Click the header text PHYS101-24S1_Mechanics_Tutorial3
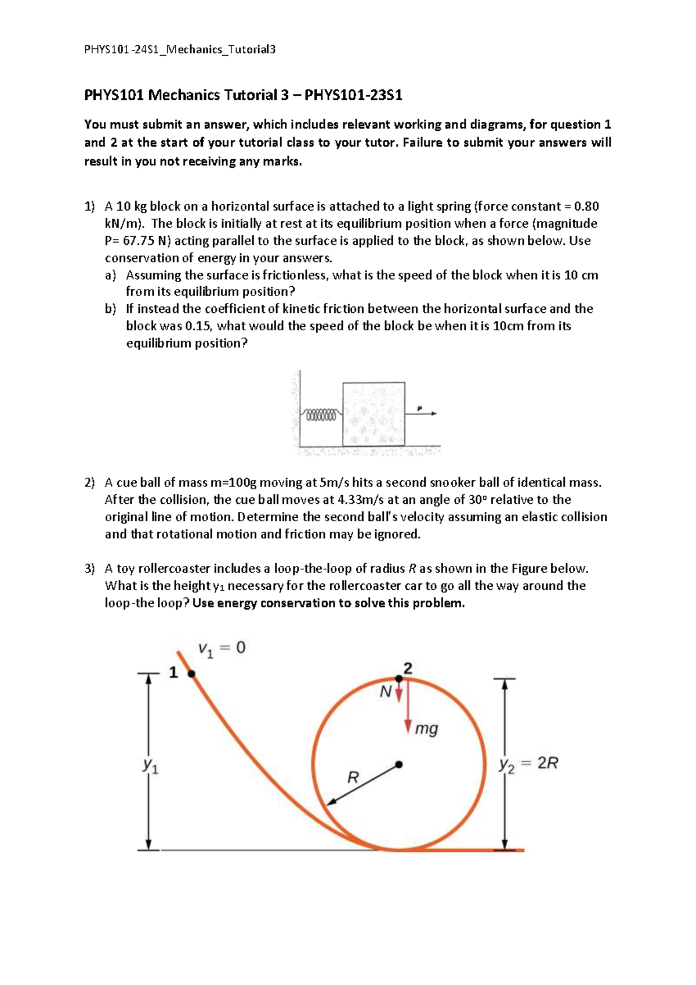click(x=180, y=49)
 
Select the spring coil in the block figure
click(x=320, y=415)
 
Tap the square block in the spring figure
click(x=374, y=413)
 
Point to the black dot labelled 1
click(x=191, y=673)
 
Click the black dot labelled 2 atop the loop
click(x=399, y=678)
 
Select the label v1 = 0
click(x=222, y=648)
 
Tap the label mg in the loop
click(x=427, y=728)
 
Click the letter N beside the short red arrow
click(x=385, y=692)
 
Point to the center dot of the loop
click(x=399, y=764)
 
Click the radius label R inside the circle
click(x=353, y=777)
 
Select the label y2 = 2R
click(x=528, y=764)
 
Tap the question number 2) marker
click(x=89, y=483)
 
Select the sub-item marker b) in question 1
click(x=110, y=309)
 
